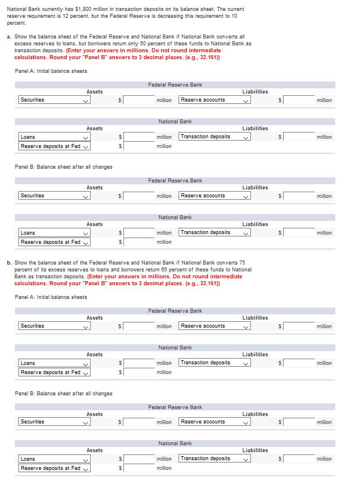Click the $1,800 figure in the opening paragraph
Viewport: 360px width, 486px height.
tap(90, 9)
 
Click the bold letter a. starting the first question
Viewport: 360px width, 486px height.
tap(9, 36)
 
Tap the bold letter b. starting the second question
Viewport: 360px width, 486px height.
tap(9, 263)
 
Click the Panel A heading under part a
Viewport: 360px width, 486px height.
tap(51, 71)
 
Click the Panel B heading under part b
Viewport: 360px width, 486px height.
tap(63, 394)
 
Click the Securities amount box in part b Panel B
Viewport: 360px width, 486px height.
tap(138, 422)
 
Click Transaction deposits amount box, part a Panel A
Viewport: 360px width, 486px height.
tap(299, 137)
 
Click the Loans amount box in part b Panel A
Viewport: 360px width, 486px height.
tap(138, 363)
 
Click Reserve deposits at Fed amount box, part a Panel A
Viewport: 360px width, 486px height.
tap(138, 146)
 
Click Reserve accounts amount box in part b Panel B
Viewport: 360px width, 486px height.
tap(299, 422)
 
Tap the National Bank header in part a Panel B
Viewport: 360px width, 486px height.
tap(175, 217)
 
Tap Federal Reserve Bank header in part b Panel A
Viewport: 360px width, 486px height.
tap(175, 311)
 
